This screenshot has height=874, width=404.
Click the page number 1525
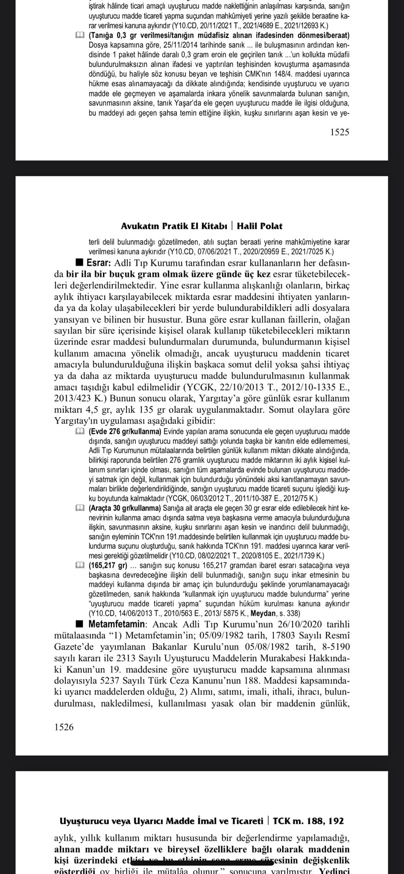(x=340, y=132)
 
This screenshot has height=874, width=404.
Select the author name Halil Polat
(x=260, y=226)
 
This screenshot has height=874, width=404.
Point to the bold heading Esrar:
(x=99, y=262)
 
